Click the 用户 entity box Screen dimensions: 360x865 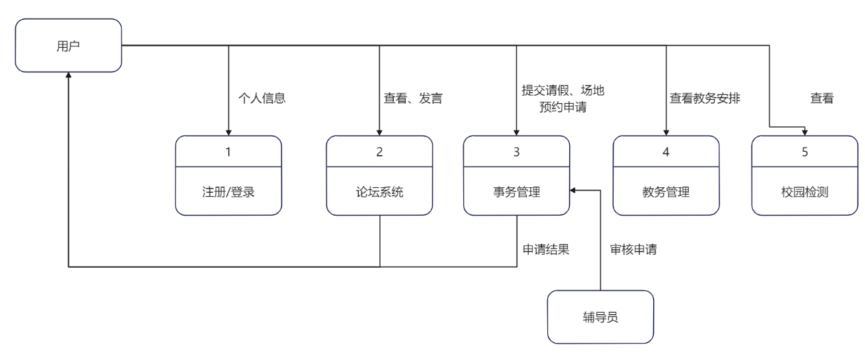68,46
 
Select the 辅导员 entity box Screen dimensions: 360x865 600,317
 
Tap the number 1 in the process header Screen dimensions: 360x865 228,152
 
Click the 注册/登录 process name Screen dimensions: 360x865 228,192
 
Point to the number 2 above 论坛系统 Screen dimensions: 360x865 379,152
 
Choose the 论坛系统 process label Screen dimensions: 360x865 379,192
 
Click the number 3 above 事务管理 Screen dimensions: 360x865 516,152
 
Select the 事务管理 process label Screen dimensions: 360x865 516,192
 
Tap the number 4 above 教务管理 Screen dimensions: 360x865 665,152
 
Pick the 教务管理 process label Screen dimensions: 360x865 665,192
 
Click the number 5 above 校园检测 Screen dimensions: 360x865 805,152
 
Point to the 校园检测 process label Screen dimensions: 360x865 805,192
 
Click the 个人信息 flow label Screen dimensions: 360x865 261,98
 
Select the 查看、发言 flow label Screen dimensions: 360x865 413,98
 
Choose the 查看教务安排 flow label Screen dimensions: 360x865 705,98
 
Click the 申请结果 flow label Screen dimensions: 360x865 546,249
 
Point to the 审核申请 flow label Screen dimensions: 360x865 633,249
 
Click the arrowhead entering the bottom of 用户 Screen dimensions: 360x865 68,79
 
